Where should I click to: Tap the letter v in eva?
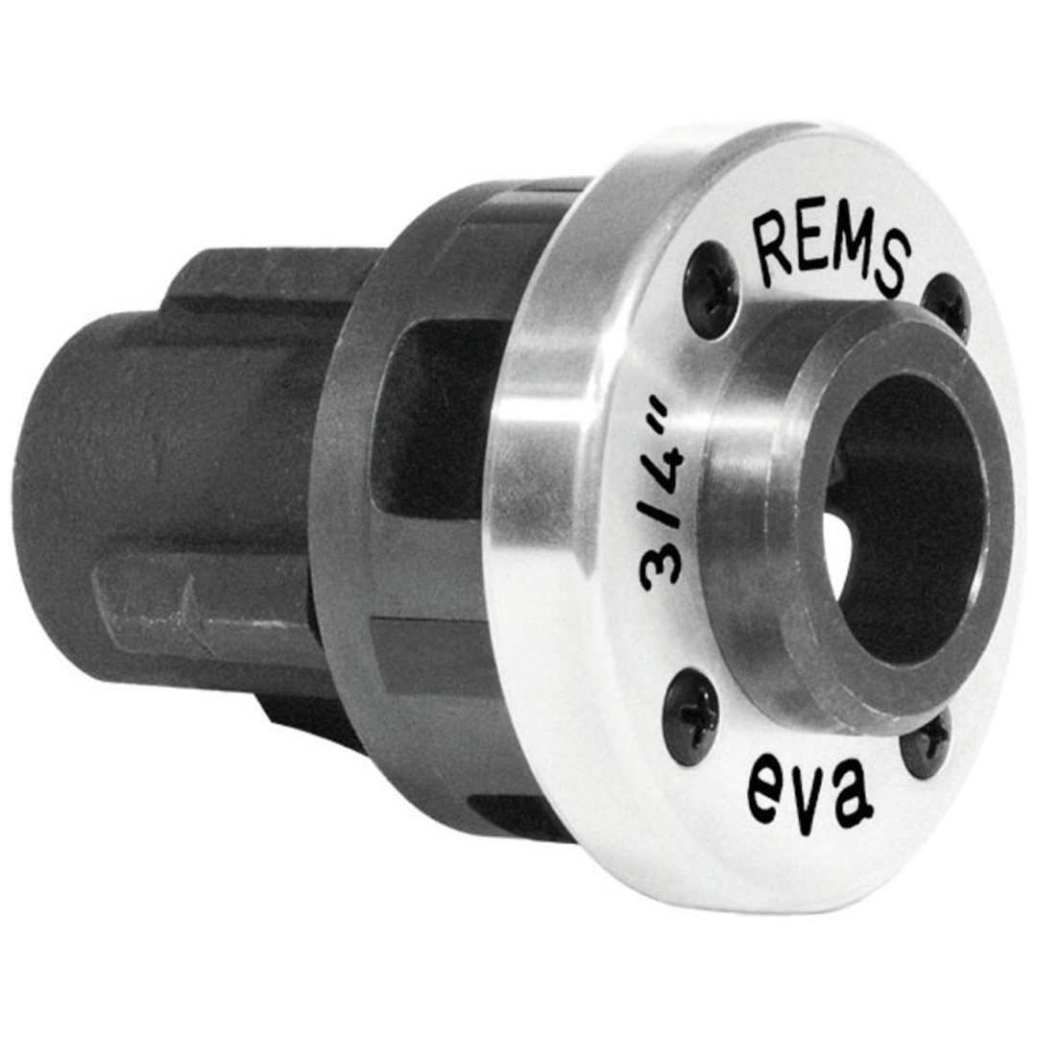[808, 793]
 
